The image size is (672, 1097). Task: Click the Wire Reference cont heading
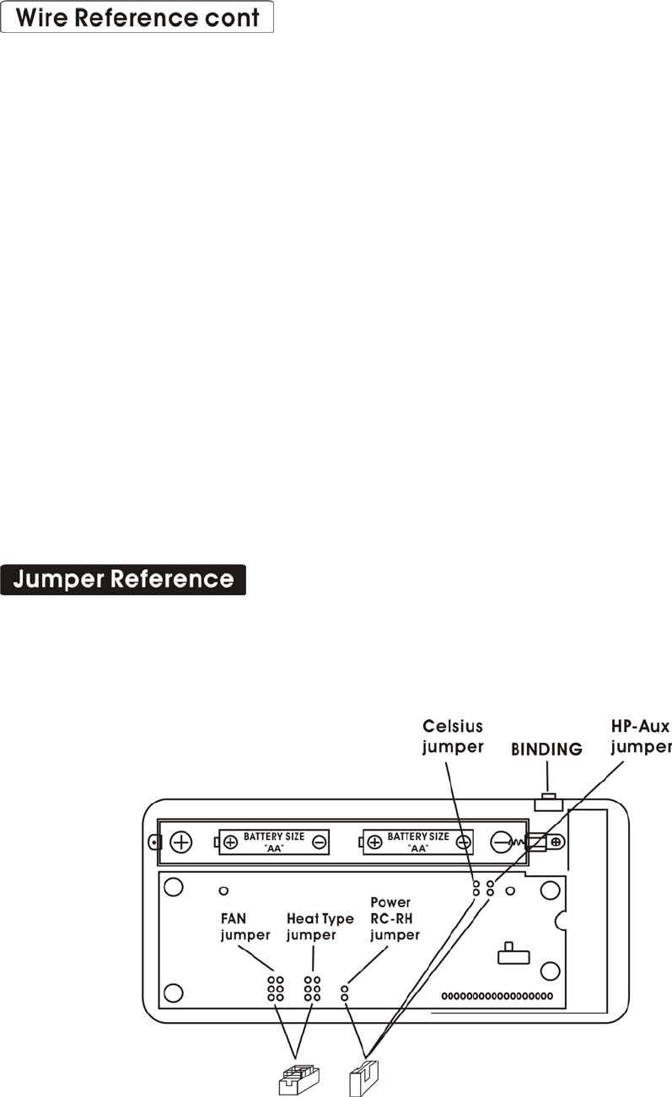click(137, 18)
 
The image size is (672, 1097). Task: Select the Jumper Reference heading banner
click(123, 580)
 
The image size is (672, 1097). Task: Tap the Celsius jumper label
click(453, 736)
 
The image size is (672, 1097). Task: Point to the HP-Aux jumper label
click(640, 736)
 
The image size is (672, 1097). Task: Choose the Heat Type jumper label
click(320, 926)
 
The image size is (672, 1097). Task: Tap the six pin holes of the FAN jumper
click(275, 988)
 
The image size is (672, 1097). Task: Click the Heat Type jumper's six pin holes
click(312, 988)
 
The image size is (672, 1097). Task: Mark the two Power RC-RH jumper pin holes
click(344, 992)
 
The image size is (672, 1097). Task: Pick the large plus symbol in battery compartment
click(182, 841)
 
